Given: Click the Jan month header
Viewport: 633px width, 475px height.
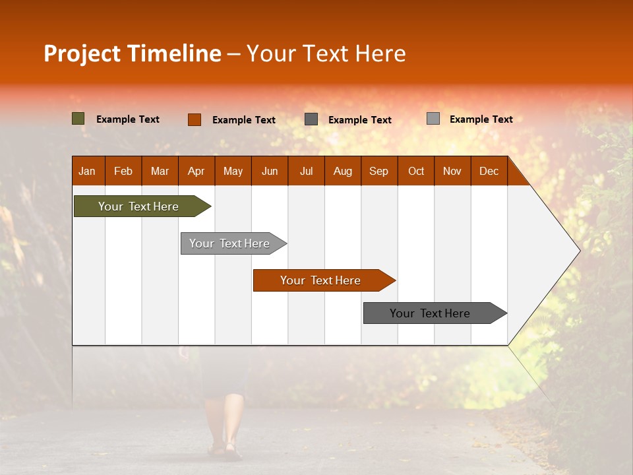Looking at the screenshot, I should [x=87, y=172].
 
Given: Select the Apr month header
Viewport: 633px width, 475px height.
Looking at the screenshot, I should [x=196, y=172].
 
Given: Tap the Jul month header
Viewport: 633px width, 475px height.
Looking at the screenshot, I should [x=306, y=172].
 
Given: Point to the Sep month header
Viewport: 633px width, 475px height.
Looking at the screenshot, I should [x=378, y=172].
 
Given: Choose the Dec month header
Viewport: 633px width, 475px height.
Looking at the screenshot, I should [x=489, y=172].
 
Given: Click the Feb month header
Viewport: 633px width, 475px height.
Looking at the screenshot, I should [x=123, y=172].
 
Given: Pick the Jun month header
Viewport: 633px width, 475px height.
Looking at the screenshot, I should [x=270, y=172].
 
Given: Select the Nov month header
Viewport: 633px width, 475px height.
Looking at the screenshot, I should [x=452, y=172].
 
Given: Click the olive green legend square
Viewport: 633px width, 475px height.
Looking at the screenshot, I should [x=78, y=119].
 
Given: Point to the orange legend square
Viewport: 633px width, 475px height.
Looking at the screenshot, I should [x=195, y=119].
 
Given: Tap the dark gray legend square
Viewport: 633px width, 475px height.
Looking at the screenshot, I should [x=311, y=119].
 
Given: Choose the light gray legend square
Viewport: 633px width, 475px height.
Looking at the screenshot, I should [x=433, y=119].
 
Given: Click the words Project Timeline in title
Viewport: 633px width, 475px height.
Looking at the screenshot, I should [x=133, y=53].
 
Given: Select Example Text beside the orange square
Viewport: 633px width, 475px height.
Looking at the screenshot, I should [x=244, y=120].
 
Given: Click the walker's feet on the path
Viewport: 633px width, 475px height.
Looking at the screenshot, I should [x=224, y=445].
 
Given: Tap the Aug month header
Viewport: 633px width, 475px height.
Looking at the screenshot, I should [x=343, y=172].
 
